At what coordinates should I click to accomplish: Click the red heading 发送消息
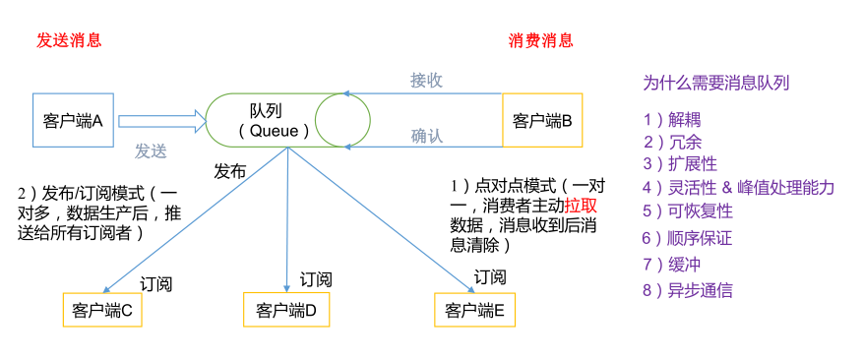(x=69, y=40)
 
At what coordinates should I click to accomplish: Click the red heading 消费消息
(x=540, y=40)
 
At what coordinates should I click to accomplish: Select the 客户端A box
(x=74, y=121)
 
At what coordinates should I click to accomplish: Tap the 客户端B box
(x=542, y=121)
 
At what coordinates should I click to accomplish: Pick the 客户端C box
(x=101, y=311)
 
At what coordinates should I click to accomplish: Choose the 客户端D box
(x=285, y=311)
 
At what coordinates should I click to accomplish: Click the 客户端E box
(x=474, y=311)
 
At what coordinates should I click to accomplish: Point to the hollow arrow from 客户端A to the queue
(x=161, y=121)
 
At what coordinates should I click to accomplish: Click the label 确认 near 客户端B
(x=426, y=137)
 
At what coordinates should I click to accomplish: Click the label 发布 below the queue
(x=230, y=170)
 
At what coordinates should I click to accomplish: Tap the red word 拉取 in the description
(x=581, y=206)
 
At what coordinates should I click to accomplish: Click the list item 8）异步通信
(x=687, y=290)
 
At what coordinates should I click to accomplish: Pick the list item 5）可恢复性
(x=687, y=211)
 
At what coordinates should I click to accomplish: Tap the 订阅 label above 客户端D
(x=316, y=278)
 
